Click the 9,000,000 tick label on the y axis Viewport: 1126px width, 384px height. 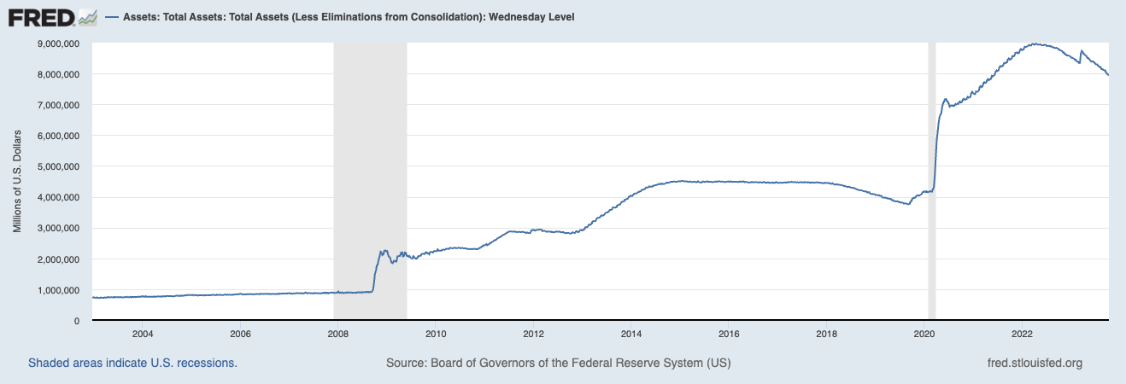pos(54,44)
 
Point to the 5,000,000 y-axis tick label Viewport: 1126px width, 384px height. pos(54,166)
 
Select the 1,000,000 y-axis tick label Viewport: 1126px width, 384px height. pos(54,290)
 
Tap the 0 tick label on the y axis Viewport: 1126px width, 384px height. pos(77,321)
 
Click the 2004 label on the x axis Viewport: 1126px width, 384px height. pos(142,333)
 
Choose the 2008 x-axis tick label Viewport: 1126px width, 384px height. pos(337,333)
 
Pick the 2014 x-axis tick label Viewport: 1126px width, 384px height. pos(631,333)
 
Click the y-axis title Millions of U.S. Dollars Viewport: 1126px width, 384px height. pos(17,181)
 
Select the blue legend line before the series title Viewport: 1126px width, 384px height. pos(112,17)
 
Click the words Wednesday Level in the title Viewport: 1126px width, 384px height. pos(537,17)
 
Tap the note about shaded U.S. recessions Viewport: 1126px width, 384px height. pos(132,363)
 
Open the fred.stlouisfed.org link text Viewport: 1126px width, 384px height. pos(1034,363)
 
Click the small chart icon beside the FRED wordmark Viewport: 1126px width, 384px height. pos(87,17)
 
